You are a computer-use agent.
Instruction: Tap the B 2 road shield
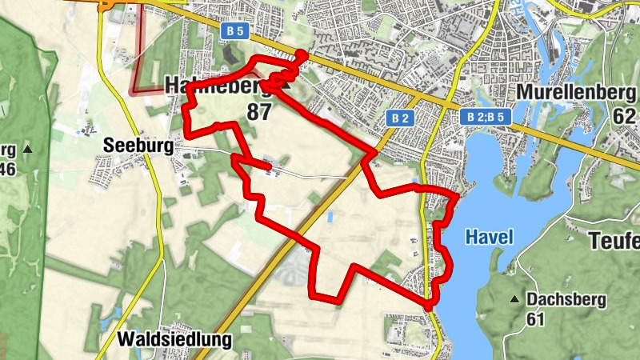click(402, 118)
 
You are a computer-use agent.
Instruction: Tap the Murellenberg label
click(577, 92)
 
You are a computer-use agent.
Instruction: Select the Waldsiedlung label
click(174, 340)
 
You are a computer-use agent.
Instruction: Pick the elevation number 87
click(258, 112)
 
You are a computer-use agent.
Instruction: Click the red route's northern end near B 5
click(302, 54)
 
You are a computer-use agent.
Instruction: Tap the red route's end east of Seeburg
click(268, 166)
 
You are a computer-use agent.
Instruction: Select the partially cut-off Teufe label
click(614, 240)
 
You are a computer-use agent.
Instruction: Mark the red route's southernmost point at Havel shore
click(429, 306)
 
